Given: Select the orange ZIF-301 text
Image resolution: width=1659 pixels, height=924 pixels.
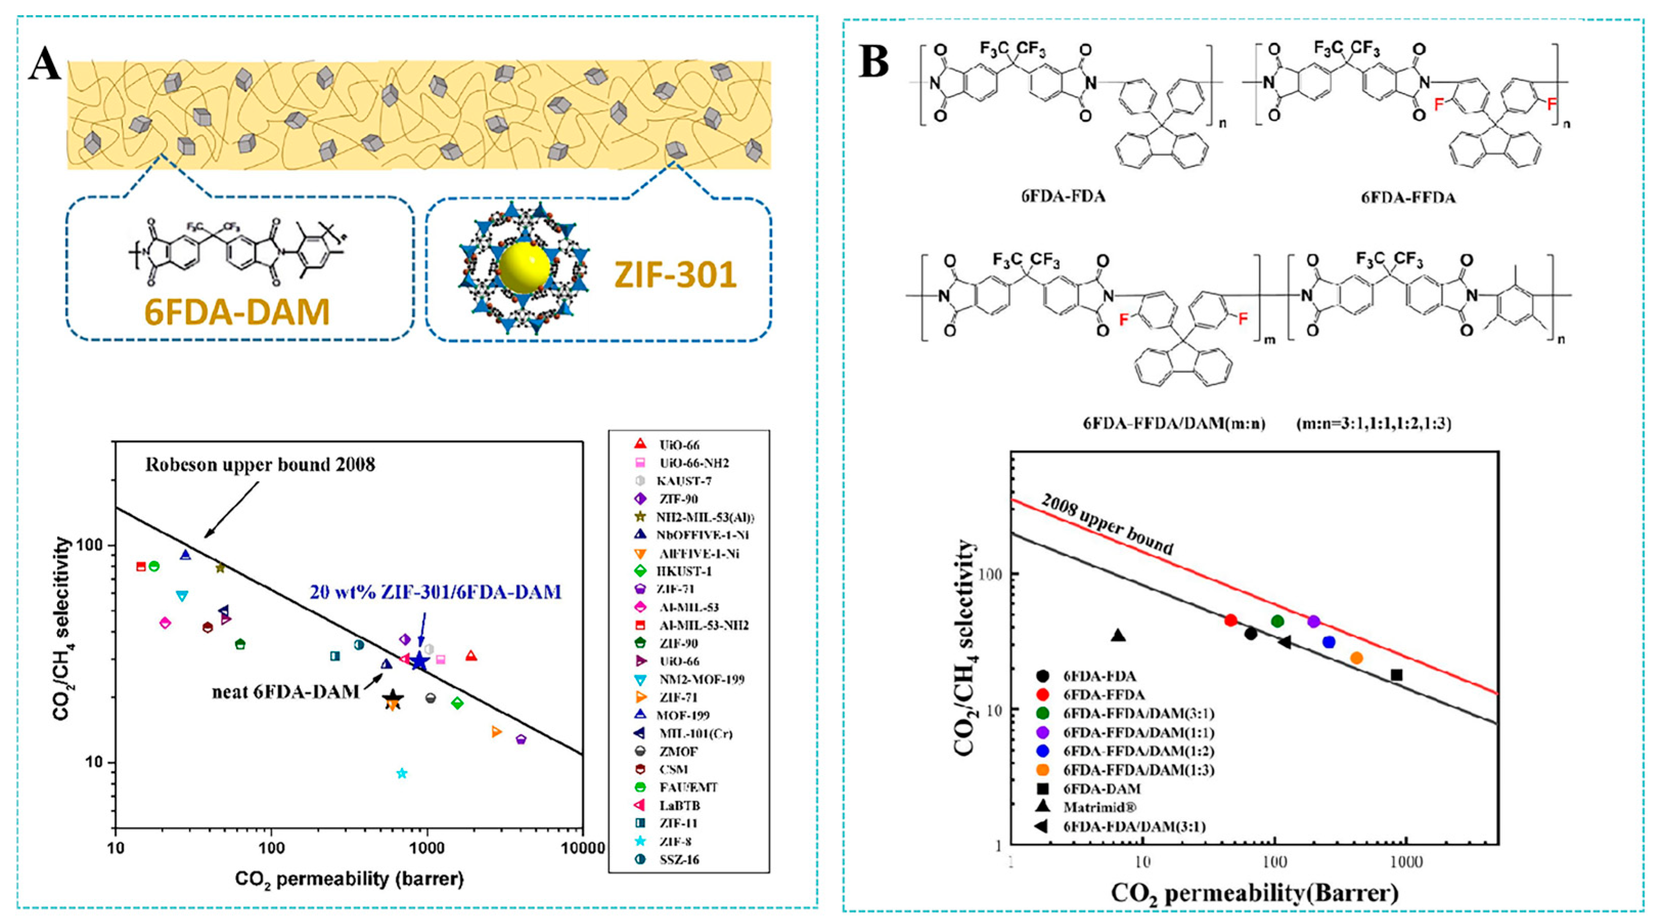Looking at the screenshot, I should click(675, 275).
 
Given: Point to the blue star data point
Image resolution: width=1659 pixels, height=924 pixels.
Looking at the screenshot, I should click(419, 661).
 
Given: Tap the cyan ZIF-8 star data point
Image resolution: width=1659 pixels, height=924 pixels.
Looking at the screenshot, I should click(402, 773).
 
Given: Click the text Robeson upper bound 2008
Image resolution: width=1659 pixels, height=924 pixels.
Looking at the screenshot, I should click(260, 465).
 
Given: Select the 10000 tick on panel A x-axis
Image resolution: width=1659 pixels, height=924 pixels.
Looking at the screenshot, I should click(583, 847).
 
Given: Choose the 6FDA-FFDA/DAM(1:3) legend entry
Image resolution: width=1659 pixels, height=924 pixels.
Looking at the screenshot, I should click(1139, 770).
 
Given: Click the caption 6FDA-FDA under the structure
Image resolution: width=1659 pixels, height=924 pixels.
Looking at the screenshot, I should click(1063, 196).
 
